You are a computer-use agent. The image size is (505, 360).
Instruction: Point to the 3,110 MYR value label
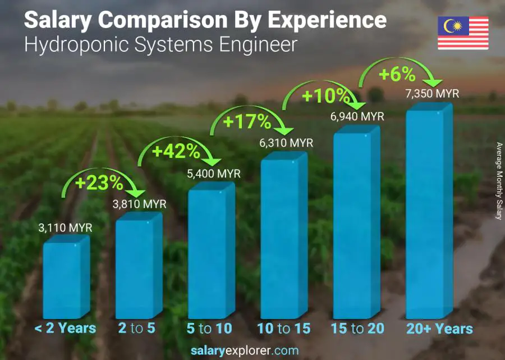click(65, 228)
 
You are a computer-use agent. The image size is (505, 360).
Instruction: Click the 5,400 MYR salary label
click(214, 174)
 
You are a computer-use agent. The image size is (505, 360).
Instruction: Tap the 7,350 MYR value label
click(433, 93)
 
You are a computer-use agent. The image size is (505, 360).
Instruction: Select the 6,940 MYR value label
click(357, 117)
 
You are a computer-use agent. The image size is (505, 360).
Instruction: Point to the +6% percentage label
click(396, 74)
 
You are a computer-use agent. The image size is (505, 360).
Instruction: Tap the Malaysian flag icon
click(463, 33)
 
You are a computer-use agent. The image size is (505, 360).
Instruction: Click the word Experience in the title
click(327, 21)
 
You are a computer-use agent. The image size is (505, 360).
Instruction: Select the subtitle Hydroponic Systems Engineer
click(160, 45)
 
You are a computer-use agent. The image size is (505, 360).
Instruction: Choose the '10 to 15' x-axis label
click(283, 329)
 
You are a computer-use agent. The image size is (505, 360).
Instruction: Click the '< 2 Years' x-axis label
click(65, 329)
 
